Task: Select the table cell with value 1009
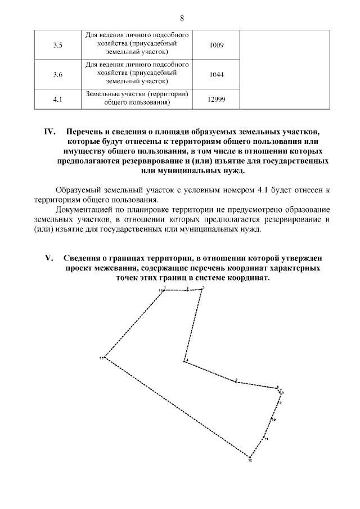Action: point(216,44)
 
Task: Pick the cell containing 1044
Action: point(216,74)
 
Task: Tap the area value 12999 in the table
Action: point(216,100)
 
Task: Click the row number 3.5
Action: point(57,44)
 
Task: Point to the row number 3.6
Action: point(57,74)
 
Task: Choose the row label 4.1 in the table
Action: point(57,100)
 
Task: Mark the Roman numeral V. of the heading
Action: point(49,258)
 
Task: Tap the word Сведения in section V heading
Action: point(84,258)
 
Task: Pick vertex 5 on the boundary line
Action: point(236,381)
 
